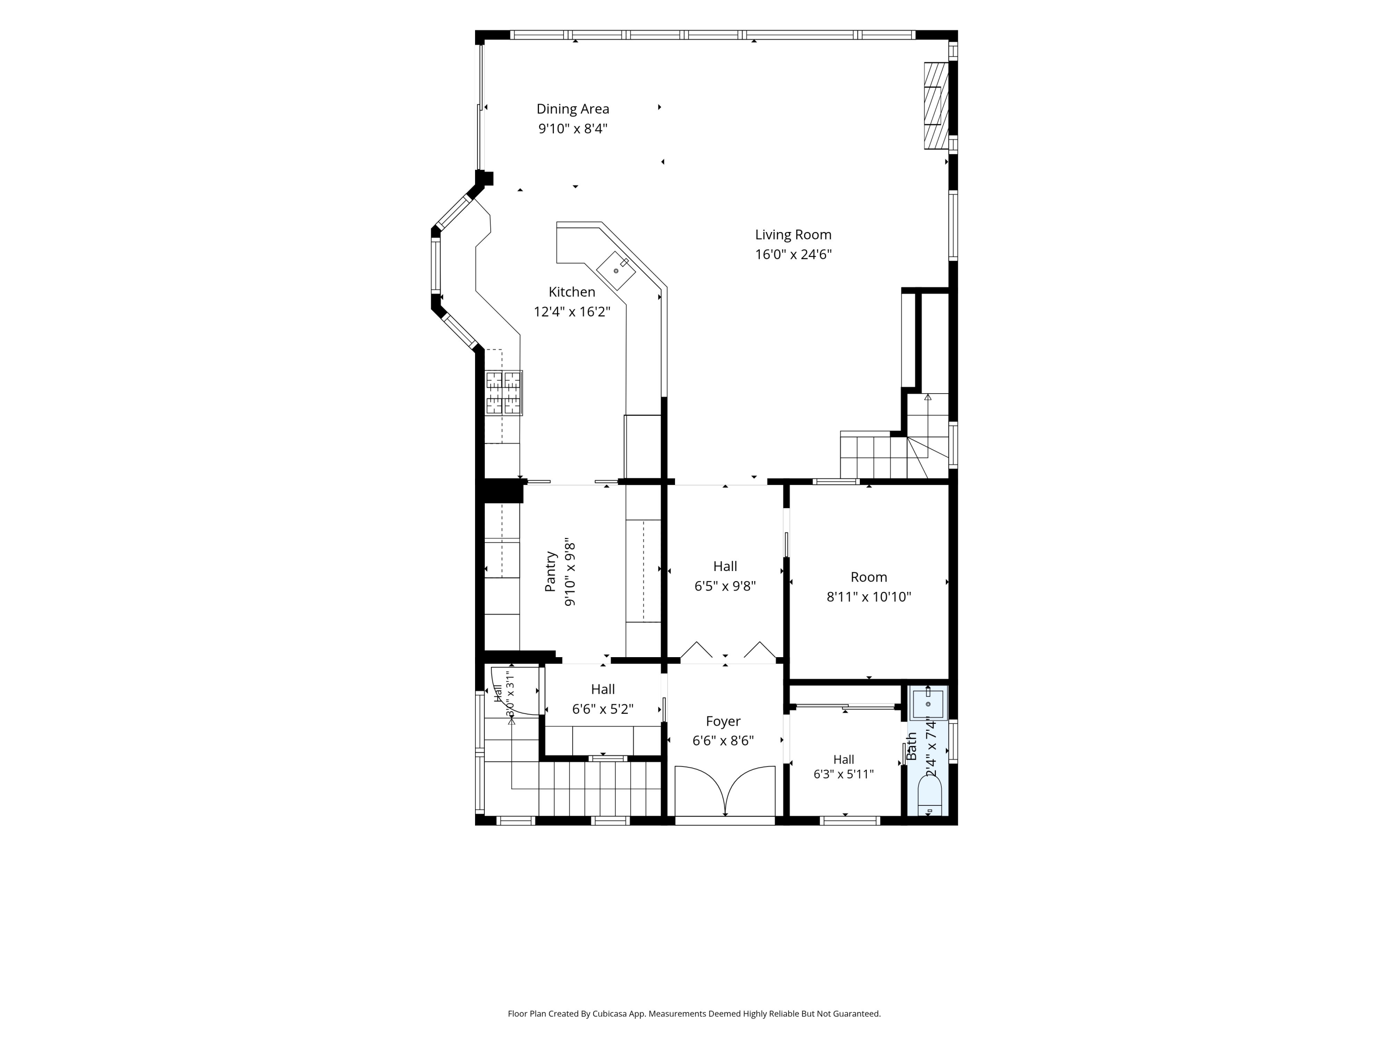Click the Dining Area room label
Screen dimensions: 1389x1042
tap(573, 109)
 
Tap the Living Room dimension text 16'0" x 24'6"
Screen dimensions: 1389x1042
tap(793, 254)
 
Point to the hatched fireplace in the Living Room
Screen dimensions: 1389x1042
tap(936, 106)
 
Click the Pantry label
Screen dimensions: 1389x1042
tap(551, 571)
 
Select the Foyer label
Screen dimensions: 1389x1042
tap(723, 721)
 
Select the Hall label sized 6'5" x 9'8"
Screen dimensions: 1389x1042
tap(725, 576)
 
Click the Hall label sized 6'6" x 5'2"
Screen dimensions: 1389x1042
tap(603, 699)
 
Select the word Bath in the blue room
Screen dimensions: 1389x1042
tap(912, 746)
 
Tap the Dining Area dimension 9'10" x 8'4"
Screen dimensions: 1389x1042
tap(573, 129)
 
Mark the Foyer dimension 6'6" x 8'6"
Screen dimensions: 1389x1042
tap(723, 741)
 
